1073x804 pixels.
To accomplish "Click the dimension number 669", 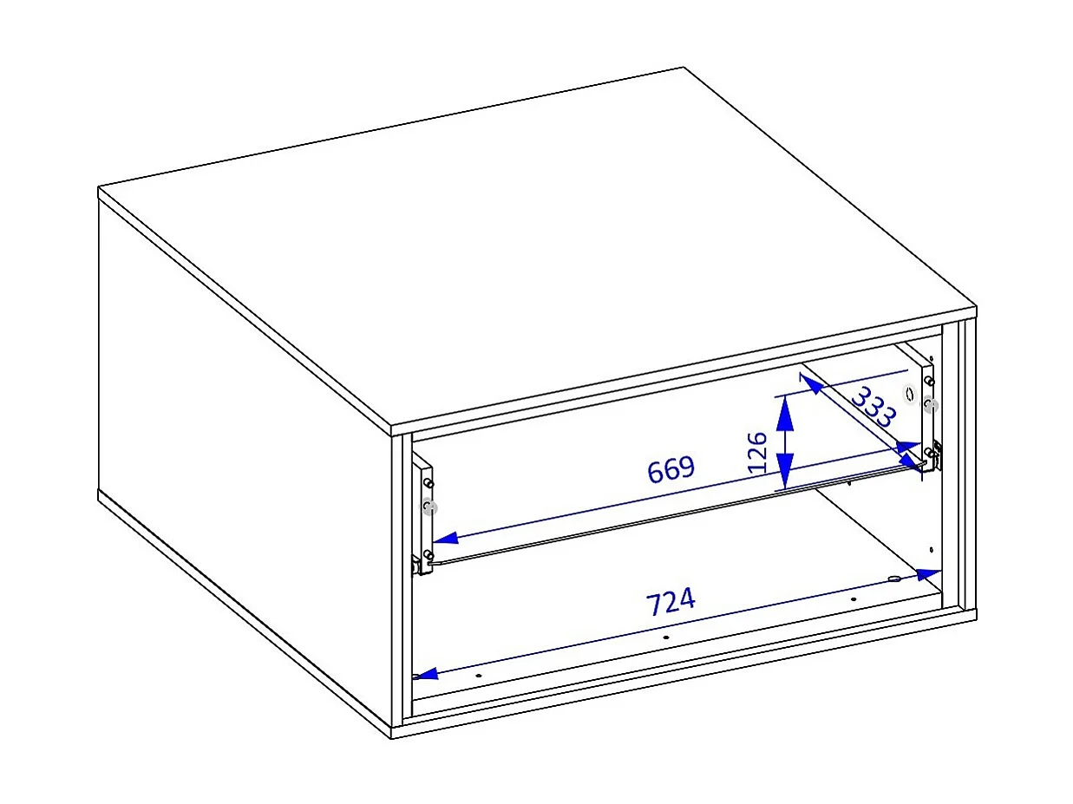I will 671,469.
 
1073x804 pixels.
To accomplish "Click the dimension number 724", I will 671,601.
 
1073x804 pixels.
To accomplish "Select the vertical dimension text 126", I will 756,450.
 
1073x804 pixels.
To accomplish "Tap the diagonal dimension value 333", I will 873,408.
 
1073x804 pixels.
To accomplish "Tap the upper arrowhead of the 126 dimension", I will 785,413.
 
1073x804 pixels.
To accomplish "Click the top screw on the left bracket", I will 429,481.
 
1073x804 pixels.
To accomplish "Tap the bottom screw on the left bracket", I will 429,554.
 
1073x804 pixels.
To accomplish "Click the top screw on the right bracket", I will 928,381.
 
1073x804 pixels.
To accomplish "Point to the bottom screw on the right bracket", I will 929,452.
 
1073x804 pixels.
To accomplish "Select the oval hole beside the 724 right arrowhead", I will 895,578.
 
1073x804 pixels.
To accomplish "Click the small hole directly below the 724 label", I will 665,637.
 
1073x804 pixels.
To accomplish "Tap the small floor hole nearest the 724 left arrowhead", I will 478,675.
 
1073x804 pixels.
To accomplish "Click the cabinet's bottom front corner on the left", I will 392,738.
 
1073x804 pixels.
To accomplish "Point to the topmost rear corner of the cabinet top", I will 684,67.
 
